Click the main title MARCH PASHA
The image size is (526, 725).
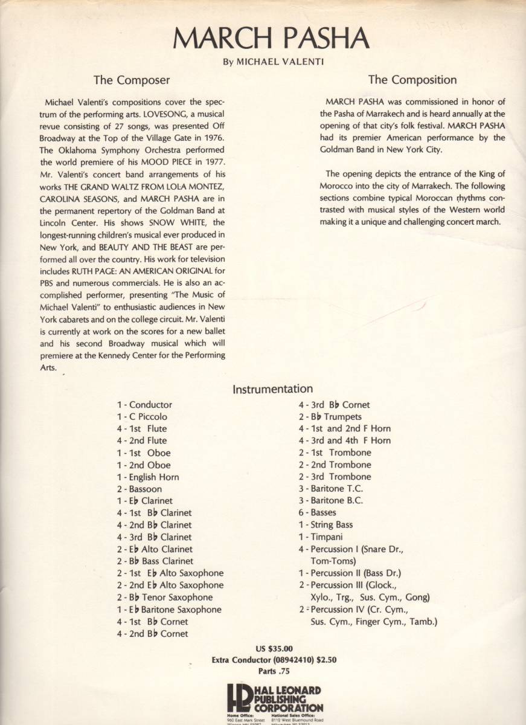[271, 38]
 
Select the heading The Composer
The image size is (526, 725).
[131, 80]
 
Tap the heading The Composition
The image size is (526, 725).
[412, 80]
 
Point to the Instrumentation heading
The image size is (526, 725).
[272, 390]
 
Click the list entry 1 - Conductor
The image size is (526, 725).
[144, 405]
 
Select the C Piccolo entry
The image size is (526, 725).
[142, 417]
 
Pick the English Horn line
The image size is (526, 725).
[148, 477]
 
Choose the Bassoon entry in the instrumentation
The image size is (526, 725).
[140, 489]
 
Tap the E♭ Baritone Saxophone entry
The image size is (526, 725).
[169, 610]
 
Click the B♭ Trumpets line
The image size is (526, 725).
[330, 417]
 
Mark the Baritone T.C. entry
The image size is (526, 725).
[330, 488]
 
